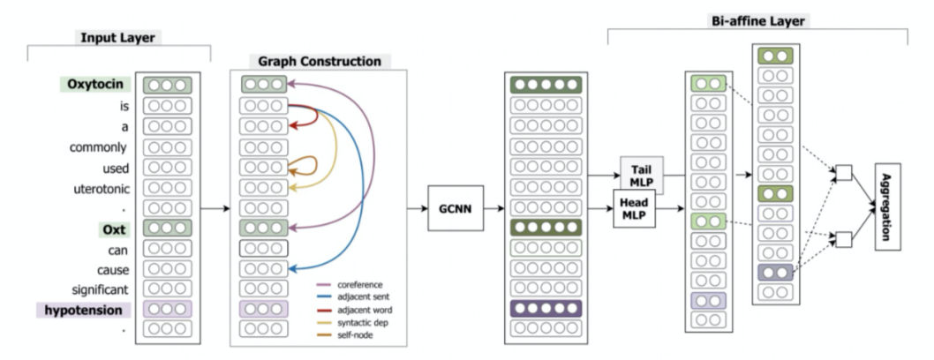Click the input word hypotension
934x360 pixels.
click(84, 310)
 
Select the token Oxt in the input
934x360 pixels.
click(113, 229)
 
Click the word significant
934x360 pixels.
click(101, 289)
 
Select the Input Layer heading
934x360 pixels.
click(117, 38)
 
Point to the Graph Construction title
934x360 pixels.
click(320, 62)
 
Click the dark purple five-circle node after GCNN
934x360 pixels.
click(546, 309)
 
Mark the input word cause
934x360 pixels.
click(112, 269)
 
